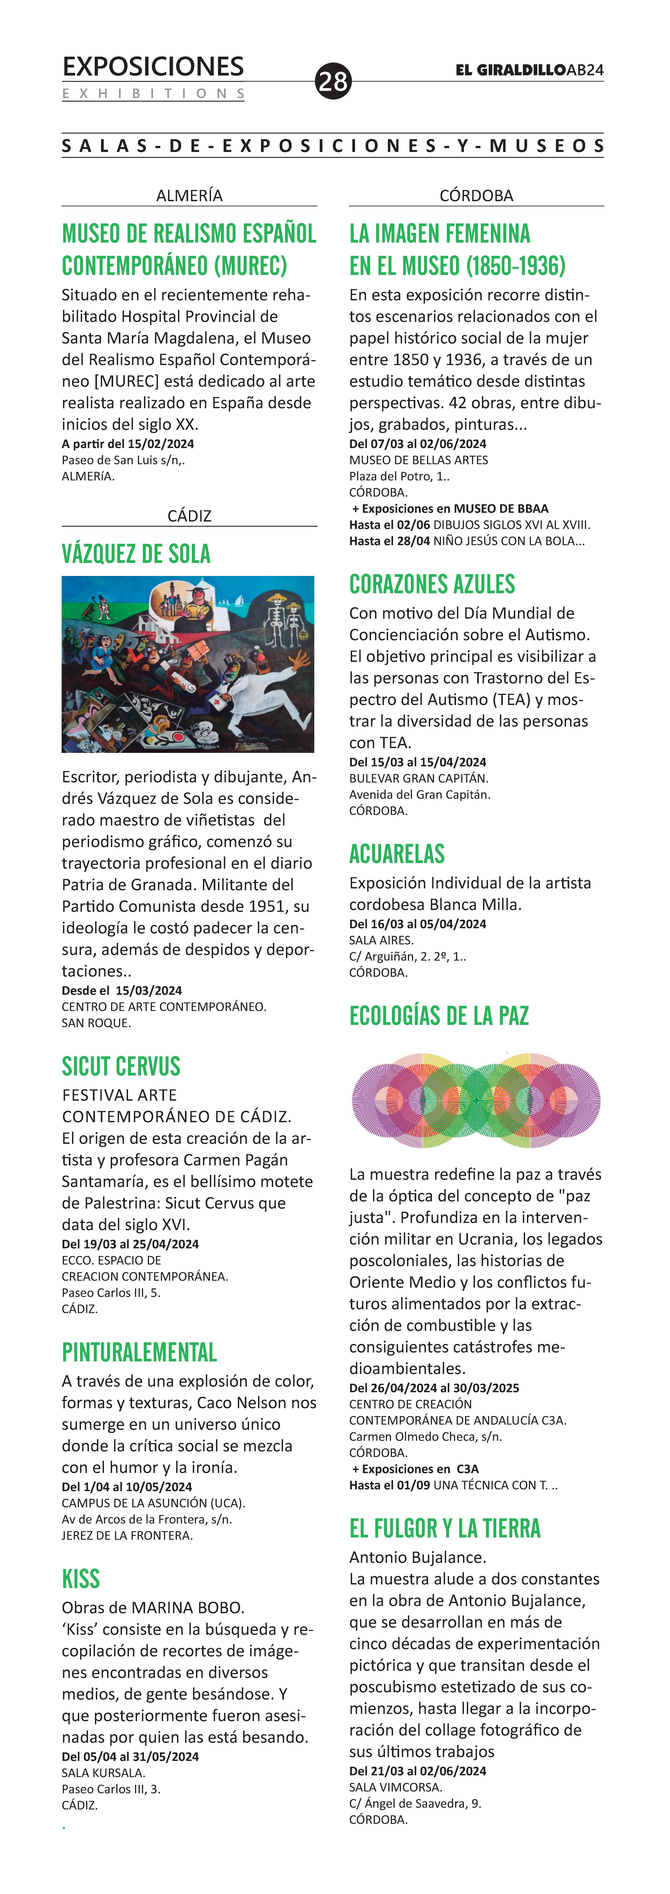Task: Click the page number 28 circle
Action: (333, 81)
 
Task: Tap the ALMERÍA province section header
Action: (189, 196)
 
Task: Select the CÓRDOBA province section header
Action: (476, 196)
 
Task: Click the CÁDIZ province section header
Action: (189, 516)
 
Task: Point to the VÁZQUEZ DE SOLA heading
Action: (136, 554)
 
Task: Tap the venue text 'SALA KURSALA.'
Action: (103, 1773)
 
